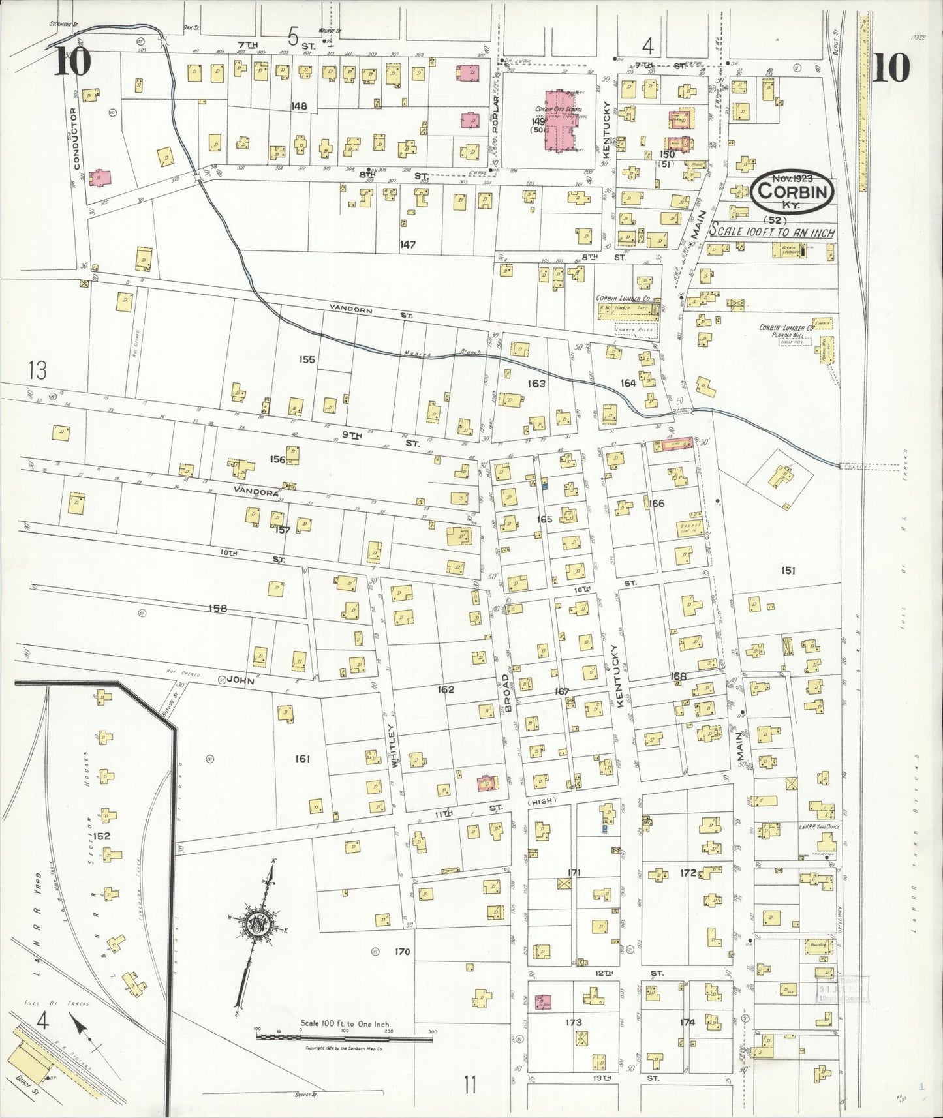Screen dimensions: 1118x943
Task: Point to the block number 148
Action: click(300, 106)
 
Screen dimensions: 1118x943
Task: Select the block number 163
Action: click(536, 384)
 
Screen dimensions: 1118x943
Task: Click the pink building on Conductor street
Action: click(101, 177)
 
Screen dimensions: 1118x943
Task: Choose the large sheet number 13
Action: click(37, 370)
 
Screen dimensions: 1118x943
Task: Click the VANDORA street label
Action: click(263, 494)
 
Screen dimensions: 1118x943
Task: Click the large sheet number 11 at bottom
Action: click(470, 1086)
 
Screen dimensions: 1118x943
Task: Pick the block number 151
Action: click(788, 571)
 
